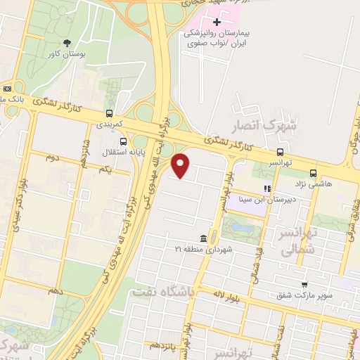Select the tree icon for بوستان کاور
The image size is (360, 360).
(67, 43)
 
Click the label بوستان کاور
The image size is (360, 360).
(67, 53)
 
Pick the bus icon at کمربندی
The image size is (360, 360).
(108, 112)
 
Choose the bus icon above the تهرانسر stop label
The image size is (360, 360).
(281, 152)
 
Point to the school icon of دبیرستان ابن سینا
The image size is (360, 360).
(267, 188)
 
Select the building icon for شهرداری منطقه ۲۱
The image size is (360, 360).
(203, 238)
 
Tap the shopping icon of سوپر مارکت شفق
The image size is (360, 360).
(304, 285)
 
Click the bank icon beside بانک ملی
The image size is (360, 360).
(8, 89)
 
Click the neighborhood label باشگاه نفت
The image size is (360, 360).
(171, 295)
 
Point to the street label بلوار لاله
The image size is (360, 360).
(238, 289)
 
